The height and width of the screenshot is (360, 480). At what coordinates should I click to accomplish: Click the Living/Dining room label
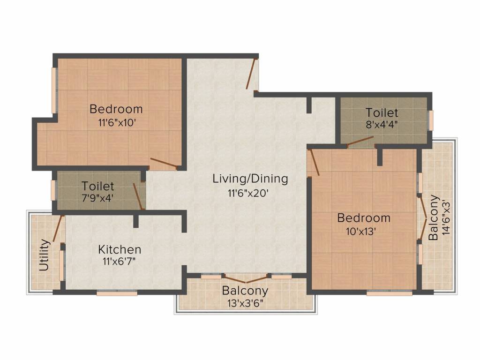[250, 179]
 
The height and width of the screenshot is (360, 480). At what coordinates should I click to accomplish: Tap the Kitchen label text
[120, 250]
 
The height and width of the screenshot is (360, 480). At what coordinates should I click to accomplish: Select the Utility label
[45, 255]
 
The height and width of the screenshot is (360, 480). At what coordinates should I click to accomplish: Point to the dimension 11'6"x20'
[248, 193]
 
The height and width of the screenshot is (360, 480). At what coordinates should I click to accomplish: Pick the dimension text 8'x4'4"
[382, 125]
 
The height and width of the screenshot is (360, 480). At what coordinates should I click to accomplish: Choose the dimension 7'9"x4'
[97, 198]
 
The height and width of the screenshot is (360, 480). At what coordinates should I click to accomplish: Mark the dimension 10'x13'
[361, 232]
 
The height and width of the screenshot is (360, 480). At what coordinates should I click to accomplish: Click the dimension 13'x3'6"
[246, 303]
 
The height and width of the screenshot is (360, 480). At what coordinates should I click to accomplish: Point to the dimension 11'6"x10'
[117, 123]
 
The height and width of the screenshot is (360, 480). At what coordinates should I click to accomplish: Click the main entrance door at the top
[252, 73]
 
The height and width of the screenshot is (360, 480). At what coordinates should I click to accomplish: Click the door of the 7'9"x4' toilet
[139, 196]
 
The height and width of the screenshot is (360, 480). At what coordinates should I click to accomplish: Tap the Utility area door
[58, 228]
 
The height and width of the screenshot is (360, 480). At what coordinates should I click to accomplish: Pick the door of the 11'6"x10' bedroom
[164, 163]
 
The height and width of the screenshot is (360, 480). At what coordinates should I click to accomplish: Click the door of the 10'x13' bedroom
[314, 162]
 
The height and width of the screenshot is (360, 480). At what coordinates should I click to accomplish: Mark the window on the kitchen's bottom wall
[117, 293]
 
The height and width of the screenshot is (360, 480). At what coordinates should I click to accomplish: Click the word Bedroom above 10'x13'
[364, 218]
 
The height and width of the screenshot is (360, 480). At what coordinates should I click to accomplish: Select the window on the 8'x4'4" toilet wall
[431, 120]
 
